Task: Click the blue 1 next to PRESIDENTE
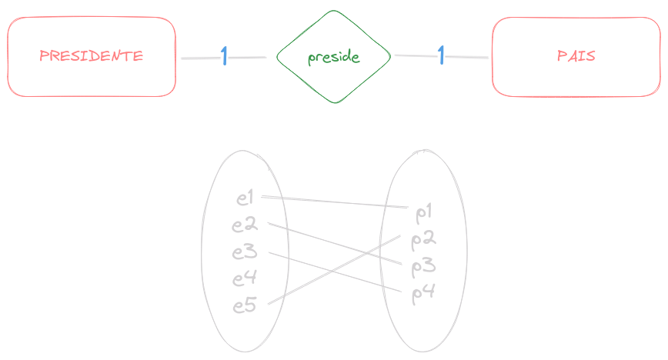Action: (x=224, y=55)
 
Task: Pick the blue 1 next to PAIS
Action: (x=442, y=55)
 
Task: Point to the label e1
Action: (x=245, y=198)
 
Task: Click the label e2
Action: (x=245, y=225)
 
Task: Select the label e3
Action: (x=245, y=252)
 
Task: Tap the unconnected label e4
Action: (x=245, y=278)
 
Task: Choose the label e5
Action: (x=245, y=305)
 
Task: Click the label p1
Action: (x=424, y=212)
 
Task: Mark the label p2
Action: (x=424, y=239)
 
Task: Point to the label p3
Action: (x=424, y=266)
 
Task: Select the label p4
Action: (x=424, y=293)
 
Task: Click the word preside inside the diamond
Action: (x=333, y=58)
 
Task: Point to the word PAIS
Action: (x=576, y=57)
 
